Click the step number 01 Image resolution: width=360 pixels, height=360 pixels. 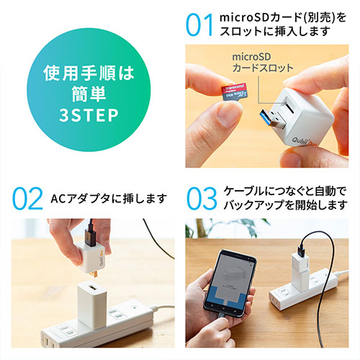199,24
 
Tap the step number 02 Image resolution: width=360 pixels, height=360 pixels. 27,199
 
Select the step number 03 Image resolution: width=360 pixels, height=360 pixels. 202,199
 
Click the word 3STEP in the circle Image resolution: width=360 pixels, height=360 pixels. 89,115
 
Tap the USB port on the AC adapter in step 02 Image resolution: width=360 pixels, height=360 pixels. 91,287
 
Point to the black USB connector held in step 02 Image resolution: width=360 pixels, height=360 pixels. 90,236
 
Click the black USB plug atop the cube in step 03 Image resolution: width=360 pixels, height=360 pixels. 302,251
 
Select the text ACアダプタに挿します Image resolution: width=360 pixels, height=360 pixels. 109,199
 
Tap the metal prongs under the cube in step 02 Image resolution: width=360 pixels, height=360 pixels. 96,274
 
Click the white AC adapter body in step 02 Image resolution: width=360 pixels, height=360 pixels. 92,305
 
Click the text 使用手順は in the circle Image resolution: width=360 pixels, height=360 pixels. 89,73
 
